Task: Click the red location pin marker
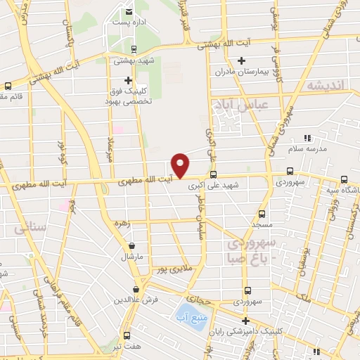point(181,164)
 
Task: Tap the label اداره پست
point(129,22)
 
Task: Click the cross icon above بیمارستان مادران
point(240,61)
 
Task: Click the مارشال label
point(132,257)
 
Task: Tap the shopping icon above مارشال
point(132,245)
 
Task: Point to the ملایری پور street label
point(174,268)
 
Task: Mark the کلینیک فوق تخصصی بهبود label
point(129,96)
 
